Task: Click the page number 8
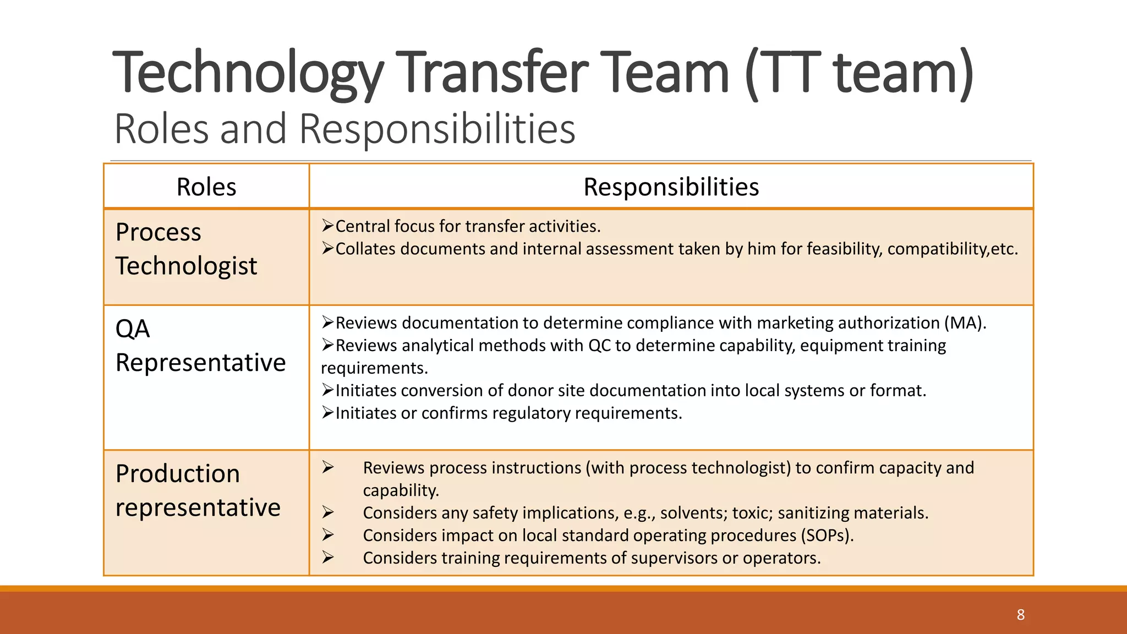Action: point(1020,615)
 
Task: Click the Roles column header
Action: point(206,187)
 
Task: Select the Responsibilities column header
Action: point(671,187)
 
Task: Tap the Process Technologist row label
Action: point(186,249)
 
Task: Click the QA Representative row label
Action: point(200,346)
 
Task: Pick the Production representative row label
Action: point(198,490)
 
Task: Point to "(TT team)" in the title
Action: point(859,73)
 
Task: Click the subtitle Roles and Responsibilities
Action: point(344,129)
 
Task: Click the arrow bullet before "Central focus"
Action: point(328,226)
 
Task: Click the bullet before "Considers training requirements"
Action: point(328,558)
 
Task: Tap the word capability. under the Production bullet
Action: point(401,490)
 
